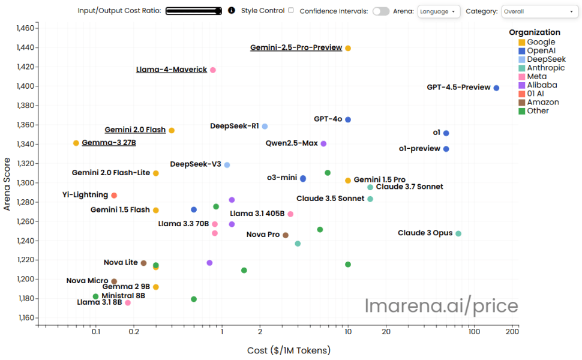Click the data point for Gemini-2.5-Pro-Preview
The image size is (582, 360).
coord(348,48)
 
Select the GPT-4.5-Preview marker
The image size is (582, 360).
coord(496,88)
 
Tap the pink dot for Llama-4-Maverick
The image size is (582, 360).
coord(213,70)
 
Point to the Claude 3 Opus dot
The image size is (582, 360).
coord(458,233)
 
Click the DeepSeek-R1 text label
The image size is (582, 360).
coord(234,126)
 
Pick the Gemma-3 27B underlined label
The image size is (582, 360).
coord(109,143)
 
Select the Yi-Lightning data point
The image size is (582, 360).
coord(114,195)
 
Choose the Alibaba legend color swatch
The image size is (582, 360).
coord(522,85)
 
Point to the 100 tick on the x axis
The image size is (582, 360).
coord(474,331)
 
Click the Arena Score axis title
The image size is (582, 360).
coord(7,184)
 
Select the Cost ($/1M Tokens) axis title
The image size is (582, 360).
coord(289,350)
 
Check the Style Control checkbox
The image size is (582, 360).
coord(291,10)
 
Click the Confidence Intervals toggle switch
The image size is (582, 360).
coord(381,11)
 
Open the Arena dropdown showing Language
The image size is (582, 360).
coord(439,11)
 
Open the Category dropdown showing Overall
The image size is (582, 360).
coord(539,11)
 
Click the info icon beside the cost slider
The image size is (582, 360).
coord(232,10)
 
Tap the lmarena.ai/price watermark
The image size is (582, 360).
coord(442,306)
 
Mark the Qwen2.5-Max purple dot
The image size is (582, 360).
coord(323,143)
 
